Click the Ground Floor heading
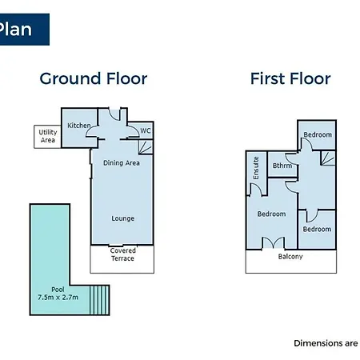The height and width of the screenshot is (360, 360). coord(94,79)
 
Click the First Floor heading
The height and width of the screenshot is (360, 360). coord(290,78)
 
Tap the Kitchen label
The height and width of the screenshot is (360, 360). coord(79,126)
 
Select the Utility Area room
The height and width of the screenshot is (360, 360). coord(47,137)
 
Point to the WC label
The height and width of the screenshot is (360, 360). coord(146,130)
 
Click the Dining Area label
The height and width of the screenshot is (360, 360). coord(122,163)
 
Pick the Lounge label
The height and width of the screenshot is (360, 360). coord(122,218)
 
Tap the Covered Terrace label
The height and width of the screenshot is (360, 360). coord(122,254)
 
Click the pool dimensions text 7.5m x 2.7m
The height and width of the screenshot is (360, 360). coord(58,297)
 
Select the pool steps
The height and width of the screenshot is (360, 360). coord(99,300)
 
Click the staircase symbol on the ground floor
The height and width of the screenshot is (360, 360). coord(146,147)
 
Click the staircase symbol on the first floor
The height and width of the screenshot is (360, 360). coord(328,158)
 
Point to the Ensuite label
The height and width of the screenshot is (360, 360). coord(256,168)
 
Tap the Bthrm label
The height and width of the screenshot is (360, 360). coord(282,166)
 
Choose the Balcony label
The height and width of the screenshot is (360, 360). coord(290,257)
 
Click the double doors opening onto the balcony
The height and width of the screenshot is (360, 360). coord(274,242)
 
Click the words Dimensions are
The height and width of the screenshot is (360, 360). coord(326,343)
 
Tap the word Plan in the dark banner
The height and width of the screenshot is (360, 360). coord(15,29)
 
